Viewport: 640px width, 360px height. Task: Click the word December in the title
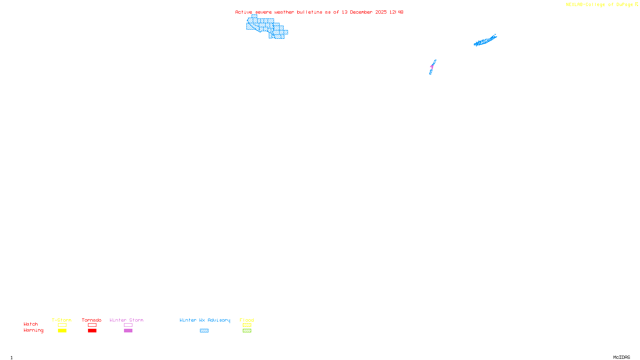361,12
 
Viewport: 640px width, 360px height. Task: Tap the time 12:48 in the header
396,12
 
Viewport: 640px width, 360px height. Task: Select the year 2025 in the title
381,12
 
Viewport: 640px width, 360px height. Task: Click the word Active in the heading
244,12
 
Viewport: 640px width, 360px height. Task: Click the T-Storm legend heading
62,320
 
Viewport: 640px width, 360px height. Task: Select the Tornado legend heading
92,320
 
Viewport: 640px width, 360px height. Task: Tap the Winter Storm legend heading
126,320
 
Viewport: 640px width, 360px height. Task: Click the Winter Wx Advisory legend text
205,320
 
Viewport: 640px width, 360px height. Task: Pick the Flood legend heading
247,320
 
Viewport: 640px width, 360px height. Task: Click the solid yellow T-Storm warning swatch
62,331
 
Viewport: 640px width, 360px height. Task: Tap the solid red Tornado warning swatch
92,331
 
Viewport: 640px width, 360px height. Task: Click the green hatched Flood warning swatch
247,331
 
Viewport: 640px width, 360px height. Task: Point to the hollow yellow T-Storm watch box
62,325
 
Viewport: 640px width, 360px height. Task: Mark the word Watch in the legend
31,324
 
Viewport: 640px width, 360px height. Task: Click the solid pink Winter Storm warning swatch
128,331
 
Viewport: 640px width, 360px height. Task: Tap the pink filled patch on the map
432,66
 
